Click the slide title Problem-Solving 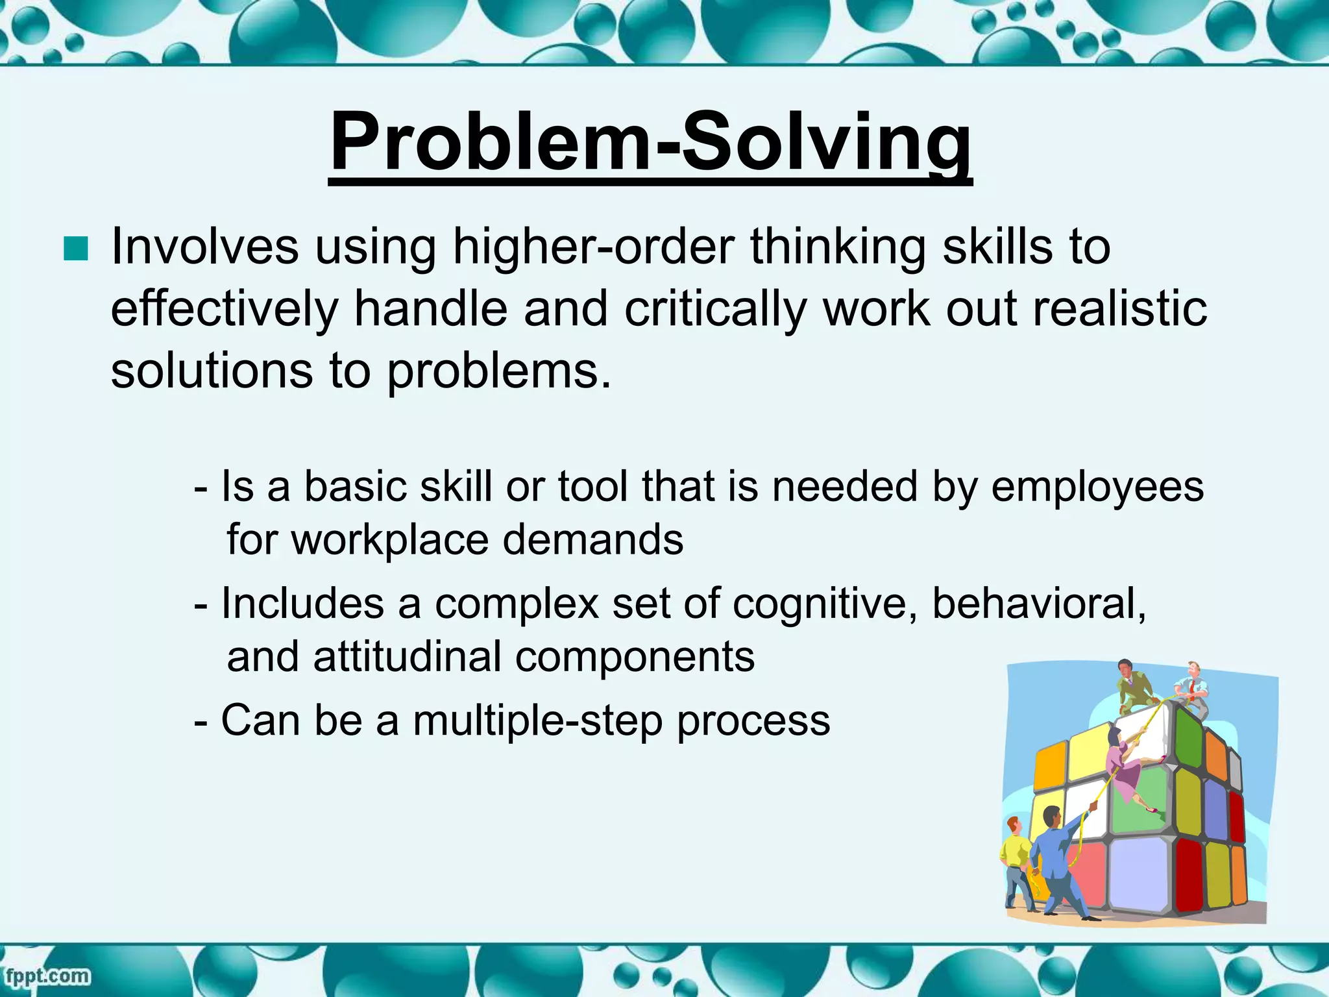650,142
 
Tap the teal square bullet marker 76,249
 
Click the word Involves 205,247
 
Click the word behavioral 1038,604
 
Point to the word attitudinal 408,657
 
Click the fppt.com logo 47,976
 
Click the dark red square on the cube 1189,873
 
